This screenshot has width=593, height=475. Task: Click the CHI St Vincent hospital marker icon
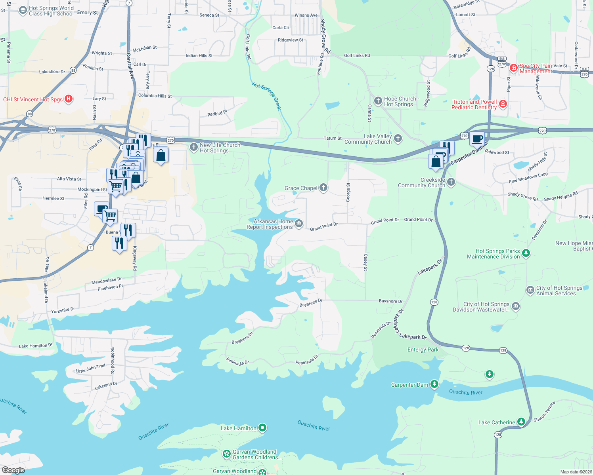click(69, 99)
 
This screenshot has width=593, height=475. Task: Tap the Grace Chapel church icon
click(323, 188)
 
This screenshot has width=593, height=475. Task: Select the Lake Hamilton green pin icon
click(262, 428)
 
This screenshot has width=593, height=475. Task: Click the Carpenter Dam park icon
click(434, 384)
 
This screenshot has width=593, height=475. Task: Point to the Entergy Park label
click(423, 350)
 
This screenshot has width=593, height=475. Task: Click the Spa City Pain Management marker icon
click(514, 68)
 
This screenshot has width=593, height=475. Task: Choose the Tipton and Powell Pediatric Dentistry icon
click(503, 104)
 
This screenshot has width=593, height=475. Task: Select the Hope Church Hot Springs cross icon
click(378, 101)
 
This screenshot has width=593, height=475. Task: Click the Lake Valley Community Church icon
click(398, 138)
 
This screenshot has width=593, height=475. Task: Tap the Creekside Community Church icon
click(451, 182)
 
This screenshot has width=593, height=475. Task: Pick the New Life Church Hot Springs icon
click(193, 147)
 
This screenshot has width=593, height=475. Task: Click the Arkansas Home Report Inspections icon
click(299, 224)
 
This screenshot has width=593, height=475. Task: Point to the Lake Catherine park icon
click(521, 422)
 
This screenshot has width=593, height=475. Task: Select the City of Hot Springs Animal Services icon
click(530, 290)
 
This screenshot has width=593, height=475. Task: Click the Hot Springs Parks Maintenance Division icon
click(526, 253)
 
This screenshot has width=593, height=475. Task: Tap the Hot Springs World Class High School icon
click(23, 10)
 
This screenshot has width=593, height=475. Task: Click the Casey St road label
click(365, 262)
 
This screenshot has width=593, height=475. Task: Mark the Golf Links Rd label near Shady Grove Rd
click(357, 55)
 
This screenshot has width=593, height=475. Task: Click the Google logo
click(13, 470)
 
